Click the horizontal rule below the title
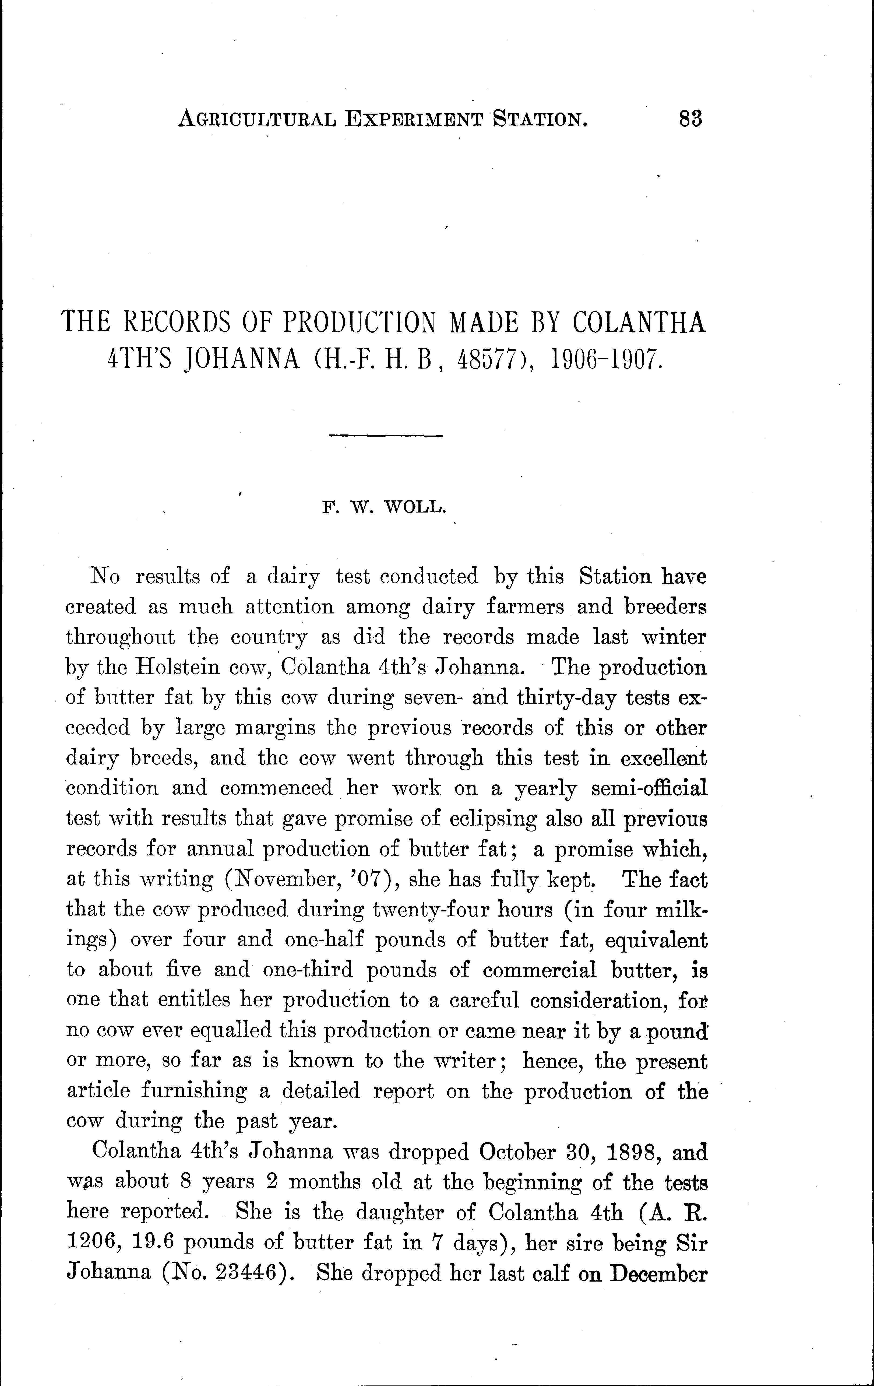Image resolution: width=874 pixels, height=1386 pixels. [386, 436]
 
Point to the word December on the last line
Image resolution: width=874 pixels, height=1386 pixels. [658, 1273]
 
